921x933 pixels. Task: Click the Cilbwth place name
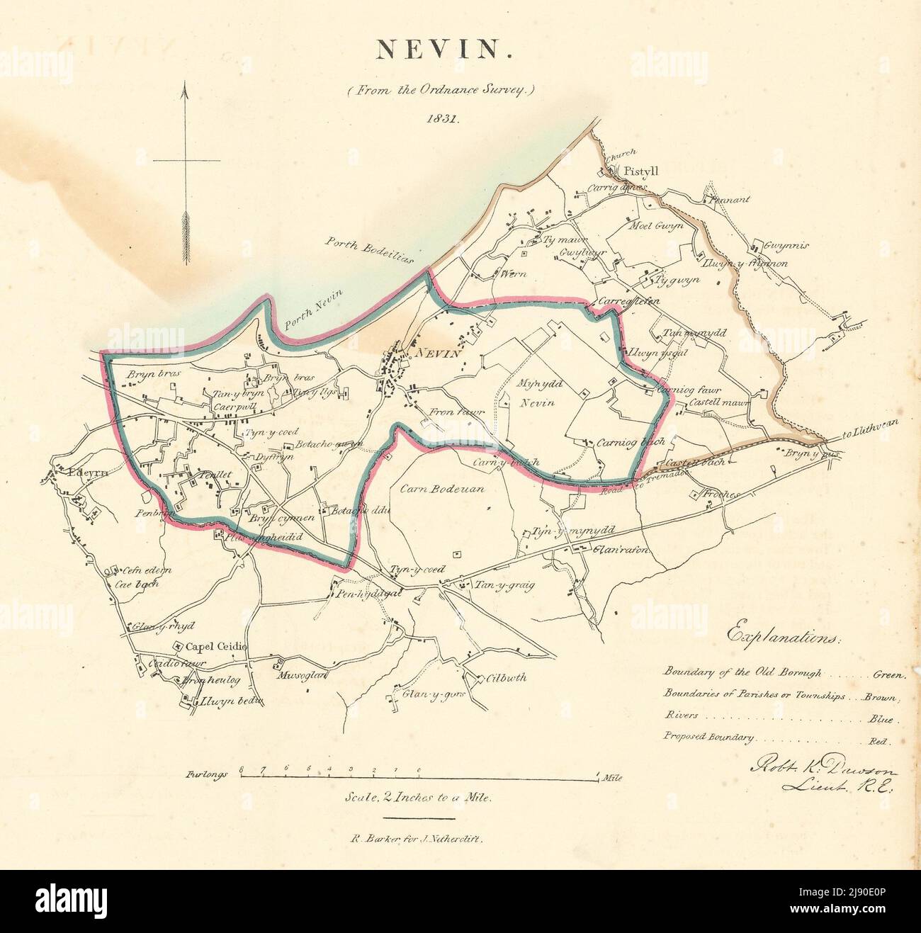(x=507, y=677)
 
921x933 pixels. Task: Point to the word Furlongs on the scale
(x=208, y=775)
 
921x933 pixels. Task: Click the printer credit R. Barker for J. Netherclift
(x=416, y=837)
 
